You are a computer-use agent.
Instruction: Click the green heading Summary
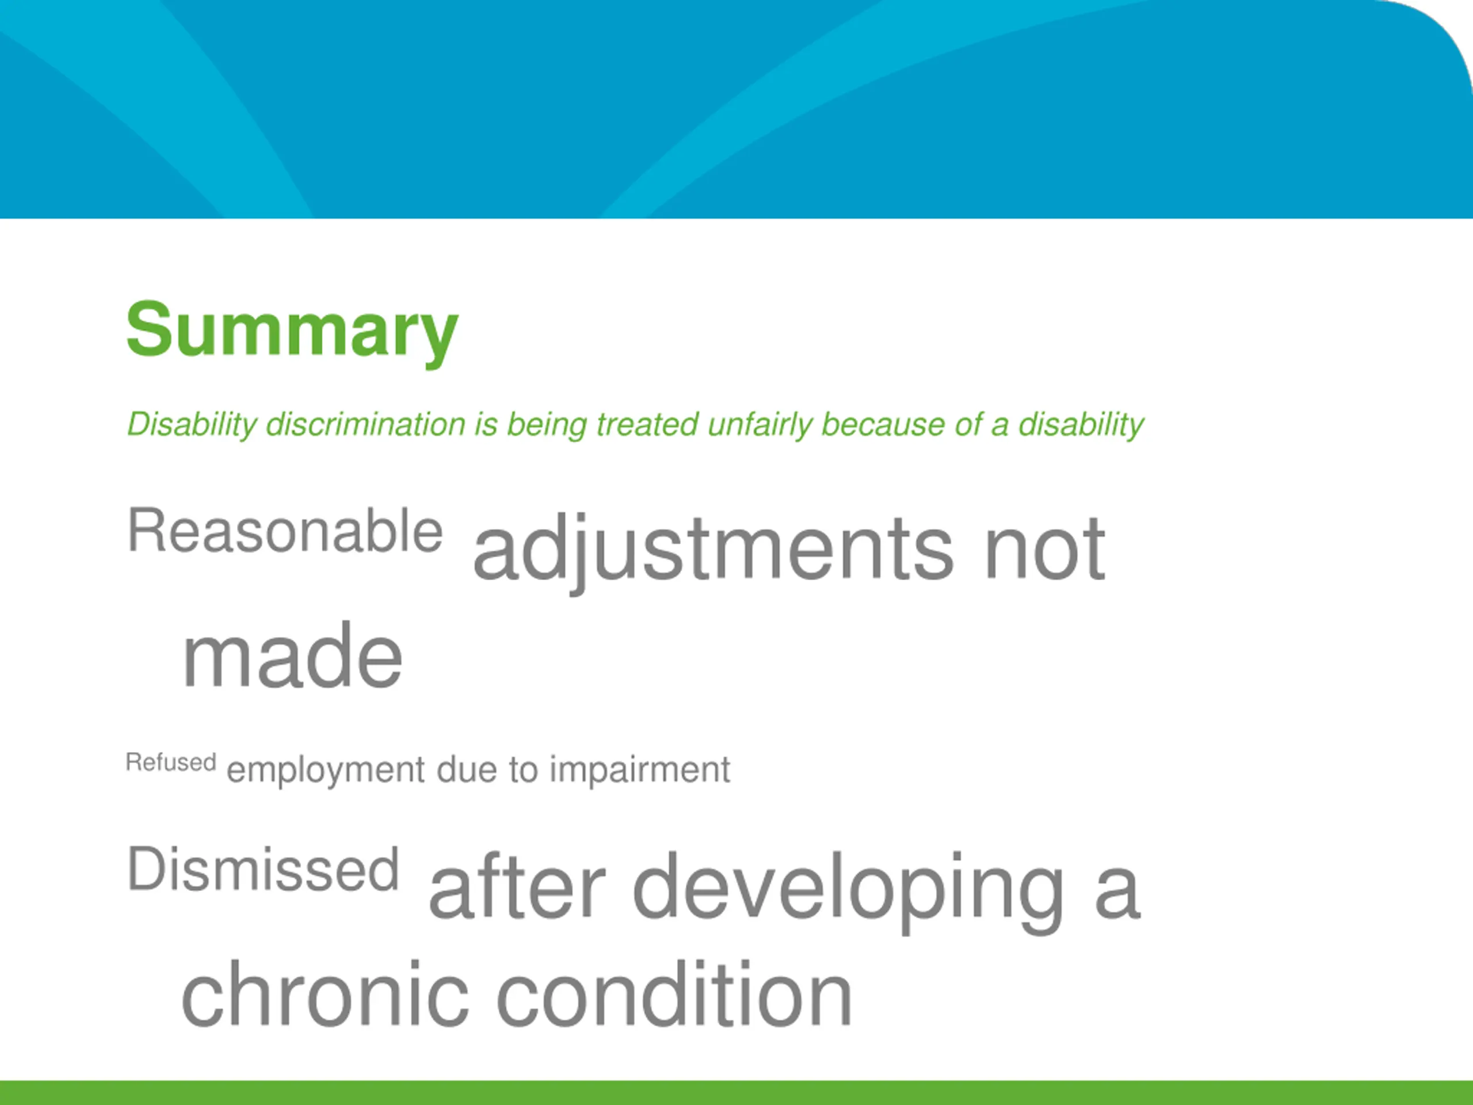pyautogui.click(x=292, y=331)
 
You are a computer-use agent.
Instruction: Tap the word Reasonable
pyautogui.click(x=285, y=531)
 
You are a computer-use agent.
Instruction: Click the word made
pyautogui.click(x=292, y=656)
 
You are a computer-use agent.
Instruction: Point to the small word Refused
pyautogui.click(x=171, y=762)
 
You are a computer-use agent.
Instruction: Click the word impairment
pyautogui.click(x=640, y=771)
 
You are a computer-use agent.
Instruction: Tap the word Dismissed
pyautogui.click(x=263, y=869)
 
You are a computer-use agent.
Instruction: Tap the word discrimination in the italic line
pyautogui.click(x=365, y=424)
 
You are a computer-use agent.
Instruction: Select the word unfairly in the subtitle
pyautogui.click(x=759, y=425)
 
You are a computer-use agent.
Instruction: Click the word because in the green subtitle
pyautogui.click(x=882, y=424)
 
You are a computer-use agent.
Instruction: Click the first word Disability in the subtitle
pyautogui.click(x=192, y=425)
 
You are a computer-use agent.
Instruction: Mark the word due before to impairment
pyautogui.click(x=467, y=769)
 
